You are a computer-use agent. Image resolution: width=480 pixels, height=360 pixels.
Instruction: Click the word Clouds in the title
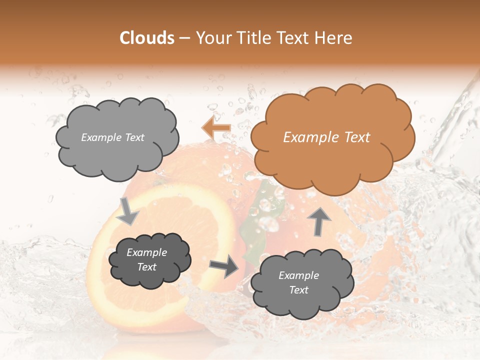tap(147, 38)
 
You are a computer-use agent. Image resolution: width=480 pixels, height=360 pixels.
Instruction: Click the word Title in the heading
tap(254, 38)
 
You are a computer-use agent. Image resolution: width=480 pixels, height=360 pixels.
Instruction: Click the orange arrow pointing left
tap(216, 128)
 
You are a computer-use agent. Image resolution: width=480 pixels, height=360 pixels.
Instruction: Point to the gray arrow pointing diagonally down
tap(128, 211)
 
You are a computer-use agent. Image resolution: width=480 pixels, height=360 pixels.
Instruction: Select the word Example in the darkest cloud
tap(146, 253)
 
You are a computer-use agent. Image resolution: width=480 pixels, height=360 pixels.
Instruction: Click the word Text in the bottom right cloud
tap(298, 290)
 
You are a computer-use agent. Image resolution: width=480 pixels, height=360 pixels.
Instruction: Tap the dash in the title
tap(183, 38)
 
